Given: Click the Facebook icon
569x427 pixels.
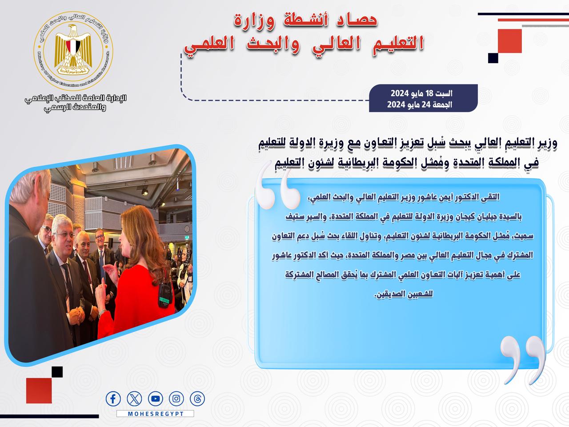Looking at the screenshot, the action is [x=113, y=399].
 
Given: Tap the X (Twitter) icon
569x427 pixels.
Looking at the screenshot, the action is [x=134, y=399].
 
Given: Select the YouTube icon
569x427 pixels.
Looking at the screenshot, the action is [x=156, y=399].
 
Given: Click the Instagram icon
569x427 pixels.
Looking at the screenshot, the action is [x=176, y=399].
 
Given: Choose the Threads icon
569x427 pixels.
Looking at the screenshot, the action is [x=197, y=399].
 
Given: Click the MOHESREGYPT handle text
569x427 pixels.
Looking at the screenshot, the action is [x=156, y=414].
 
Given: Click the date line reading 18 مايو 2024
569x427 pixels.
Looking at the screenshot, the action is [x=421, y=93].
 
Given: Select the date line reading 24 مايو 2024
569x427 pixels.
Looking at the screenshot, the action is [x=420, y=105].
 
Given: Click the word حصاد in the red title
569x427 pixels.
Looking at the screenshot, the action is [x=357, y=20].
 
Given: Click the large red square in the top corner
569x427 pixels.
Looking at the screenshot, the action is [x=509, y=41].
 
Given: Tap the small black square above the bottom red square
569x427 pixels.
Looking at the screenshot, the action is [x=57, y=372].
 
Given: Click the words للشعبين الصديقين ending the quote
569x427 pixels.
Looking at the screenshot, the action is [x=404, y=294].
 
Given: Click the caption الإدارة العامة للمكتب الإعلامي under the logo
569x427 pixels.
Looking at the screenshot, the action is [x=76, y=98].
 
